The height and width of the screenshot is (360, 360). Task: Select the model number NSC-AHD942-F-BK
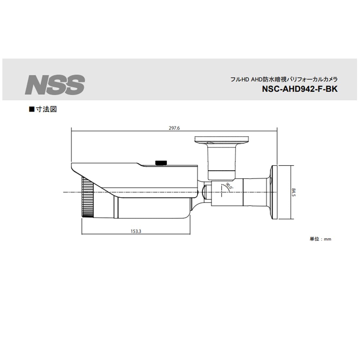(299, 89)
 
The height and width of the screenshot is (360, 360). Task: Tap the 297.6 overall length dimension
(174, 128)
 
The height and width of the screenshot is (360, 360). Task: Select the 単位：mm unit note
(320, 239)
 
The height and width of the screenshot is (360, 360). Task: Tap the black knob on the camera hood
(161, 163)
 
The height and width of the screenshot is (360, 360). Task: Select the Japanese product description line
(284, 80)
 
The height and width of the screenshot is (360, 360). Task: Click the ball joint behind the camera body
(206, 192)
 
